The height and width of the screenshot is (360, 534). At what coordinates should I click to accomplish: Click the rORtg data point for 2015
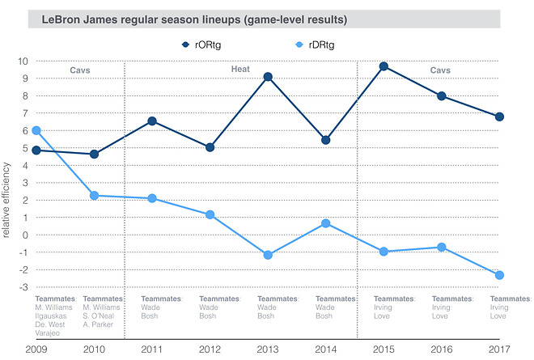[x=384, y=66]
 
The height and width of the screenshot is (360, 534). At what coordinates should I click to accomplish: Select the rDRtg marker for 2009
[x=36, y=130]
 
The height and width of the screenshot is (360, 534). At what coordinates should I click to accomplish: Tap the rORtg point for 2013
[x=268, y=77]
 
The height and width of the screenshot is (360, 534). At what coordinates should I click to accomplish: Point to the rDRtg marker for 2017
[x=499, y=275]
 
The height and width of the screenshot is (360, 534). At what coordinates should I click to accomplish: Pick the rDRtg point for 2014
[x=326, y=223]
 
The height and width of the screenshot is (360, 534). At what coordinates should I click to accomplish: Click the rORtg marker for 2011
[x=152, y=121]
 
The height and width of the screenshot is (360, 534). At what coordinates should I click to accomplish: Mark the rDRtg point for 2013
[x=268, y=256]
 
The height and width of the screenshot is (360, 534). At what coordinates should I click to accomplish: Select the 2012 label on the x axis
[x=210, y=349]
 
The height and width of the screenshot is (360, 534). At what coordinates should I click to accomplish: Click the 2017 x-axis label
[x=500, y=349]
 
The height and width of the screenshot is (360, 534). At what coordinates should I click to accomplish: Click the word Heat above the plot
[x=242, y=70]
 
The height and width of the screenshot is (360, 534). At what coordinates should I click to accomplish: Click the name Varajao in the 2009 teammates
[x=50, y=332]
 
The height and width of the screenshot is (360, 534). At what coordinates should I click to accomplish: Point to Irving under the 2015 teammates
[x=384, y=307]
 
